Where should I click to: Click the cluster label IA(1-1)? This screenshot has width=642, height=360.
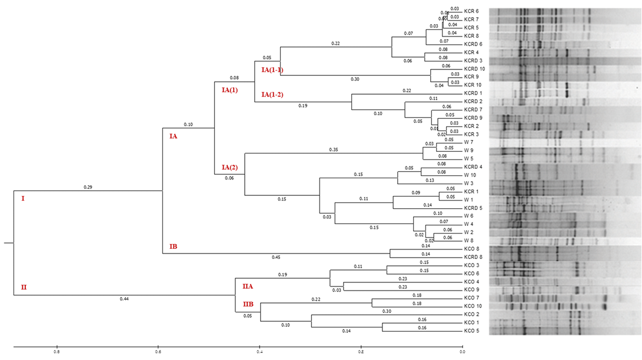272,70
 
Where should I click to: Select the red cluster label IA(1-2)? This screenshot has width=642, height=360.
272,95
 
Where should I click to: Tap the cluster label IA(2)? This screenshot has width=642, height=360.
230,168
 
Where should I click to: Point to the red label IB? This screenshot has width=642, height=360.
173,246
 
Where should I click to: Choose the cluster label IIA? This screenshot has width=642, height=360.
248,286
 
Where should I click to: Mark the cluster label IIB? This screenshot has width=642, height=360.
248,304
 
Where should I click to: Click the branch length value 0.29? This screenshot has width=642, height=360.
88,187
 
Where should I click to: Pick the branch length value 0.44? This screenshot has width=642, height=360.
124,299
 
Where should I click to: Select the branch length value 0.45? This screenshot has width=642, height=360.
275,258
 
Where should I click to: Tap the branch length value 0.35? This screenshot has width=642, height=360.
333,149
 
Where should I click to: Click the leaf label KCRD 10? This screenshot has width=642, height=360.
474,69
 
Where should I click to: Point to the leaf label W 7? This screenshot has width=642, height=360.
468,142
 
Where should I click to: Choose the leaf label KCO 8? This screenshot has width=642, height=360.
471,249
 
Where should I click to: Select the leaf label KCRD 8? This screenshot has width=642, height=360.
473,257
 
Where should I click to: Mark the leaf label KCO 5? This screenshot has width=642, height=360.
471,331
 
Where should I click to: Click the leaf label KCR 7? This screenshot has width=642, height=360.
471,19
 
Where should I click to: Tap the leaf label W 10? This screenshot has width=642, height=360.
470,175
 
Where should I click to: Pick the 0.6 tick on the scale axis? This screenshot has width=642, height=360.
158,352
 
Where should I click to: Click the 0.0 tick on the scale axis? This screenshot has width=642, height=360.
462,352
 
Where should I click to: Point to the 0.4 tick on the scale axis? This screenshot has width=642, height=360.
260,352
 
